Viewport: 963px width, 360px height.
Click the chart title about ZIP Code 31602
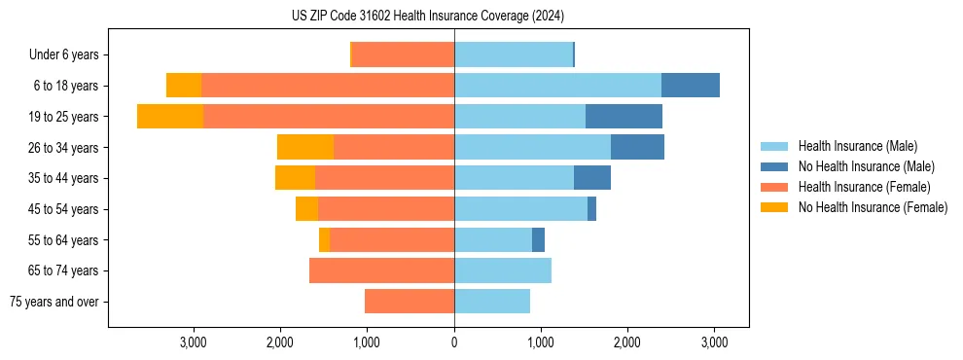pos(427,17)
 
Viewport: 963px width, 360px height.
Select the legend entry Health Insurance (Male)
pos(856,146)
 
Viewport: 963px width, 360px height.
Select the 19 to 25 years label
pos(63,117)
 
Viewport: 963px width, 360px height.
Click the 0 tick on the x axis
pos(454,342)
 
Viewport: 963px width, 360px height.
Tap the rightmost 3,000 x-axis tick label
pos(715,342)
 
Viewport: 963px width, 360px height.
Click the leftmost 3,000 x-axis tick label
pos(194,342)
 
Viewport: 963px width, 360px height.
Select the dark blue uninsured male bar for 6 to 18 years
pos(691,86)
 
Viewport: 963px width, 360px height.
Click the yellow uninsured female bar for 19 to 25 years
pos(170,117)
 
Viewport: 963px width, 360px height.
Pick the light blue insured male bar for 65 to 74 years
pos(503,270)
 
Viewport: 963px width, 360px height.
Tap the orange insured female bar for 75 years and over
pos(410,302)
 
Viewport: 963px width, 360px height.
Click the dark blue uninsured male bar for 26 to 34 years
pos(637,147)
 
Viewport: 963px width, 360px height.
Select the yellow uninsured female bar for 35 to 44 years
pos(295,178)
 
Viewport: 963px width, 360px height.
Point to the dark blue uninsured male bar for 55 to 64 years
pos(538,239)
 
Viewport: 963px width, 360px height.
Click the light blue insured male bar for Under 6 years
pos(514,55)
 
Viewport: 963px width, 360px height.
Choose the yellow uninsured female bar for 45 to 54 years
pos(306,209)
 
